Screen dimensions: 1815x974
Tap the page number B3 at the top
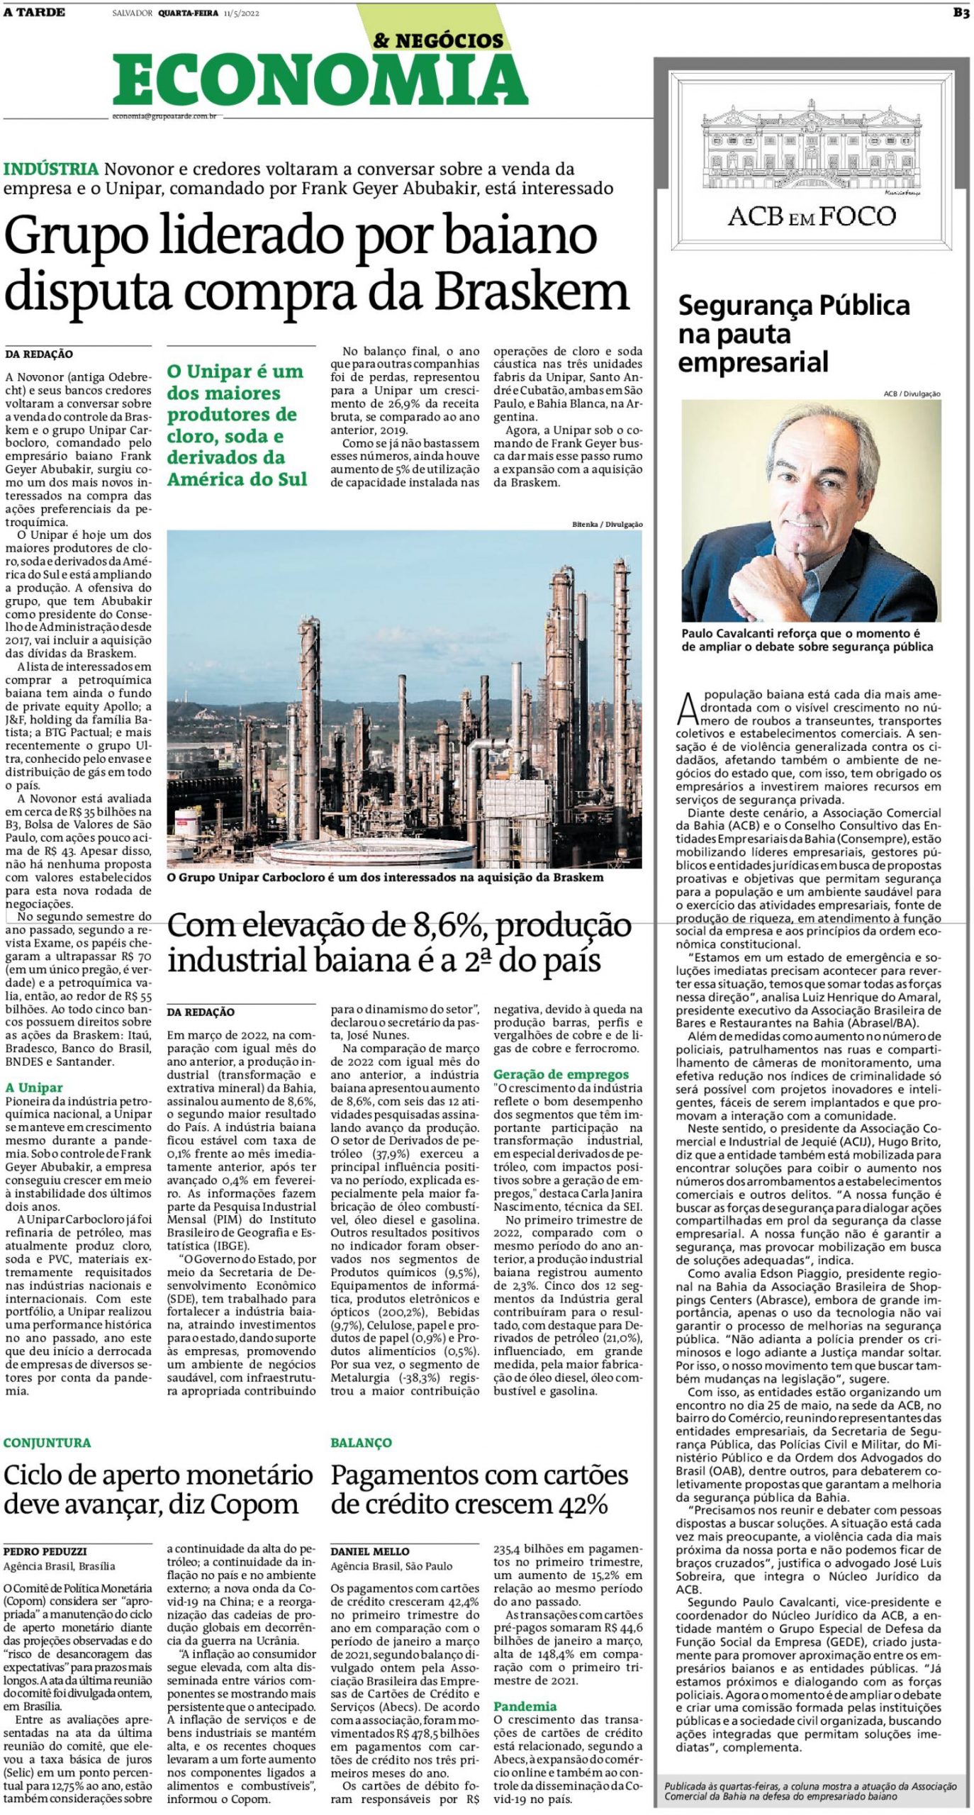point(961,13)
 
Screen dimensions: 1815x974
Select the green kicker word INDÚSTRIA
point(50,169)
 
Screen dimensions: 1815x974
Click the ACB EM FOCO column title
point(811,216)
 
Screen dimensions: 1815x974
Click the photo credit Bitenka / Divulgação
point(607,524)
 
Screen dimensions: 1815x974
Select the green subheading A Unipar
point(33,1088)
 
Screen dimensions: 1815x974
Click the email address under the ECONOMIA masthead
point(164,116)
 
